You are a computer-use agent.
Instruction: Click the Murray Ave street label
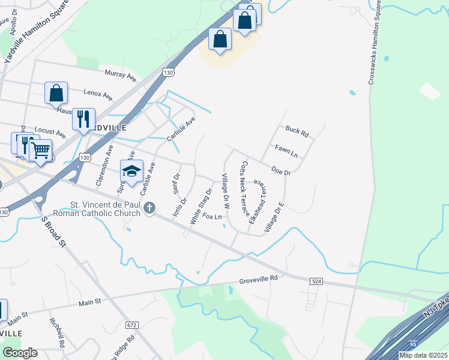[x=121, y=75]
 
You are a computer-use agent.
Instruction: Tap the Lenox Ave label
[x=98, y=95]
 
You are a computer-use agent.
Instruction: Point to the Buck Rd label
[x=297, y=130]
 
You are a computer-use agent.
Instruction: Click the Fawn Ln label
[x=286, y=148]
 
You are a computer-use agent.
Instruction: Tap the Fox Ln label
[x=212, y=216]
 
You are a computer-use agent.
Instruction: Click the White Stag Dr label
[x=201, y=207]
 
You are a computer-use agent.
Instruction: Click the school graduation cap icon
[x=132, y=172]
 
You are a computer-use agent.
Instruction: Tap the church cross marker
[x=149, y=208]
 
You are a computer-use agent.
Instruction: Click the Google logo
[x=19, y=353]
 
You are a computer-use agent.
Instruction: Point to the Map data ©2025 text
[x=423, y=355]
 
